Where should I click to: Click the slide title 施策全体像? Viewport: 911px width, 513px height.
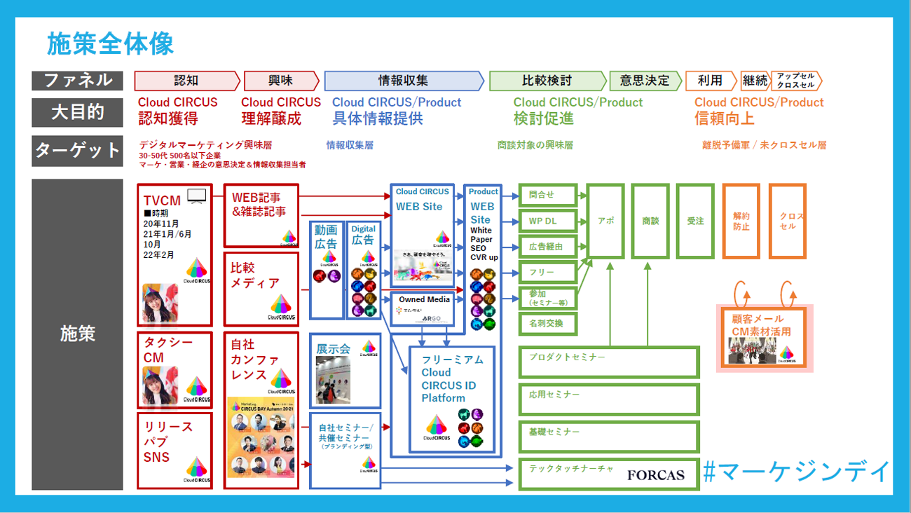110,44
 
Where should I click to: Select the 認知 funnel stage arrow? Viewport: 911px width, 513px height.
186,81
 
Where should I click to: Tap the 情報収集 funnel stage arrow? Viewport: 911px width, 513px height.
403,81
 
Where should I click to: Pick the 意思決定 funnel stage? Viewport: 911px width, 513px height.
644,81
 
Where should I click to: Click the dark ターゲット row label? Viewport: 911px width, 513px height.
77,150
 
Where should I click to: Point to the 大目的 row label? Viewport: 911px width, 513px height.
77,112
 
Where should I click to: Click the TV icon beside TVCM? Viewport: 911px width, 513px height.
196,196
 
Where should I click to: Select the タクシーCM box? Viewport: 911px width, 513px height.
175,368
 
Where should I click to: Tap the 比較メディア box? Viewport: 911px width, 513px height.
261,287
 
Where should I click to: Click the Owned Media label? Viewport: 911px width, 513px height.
424,300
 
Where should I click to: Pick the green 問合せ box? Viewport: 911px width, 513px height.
547,196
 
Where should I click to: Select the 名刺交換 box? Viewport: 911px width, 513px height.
547,324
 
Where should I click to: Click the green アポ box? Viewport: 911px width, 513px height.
605,221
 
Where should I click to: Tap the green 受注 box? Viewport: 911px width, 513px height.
694,221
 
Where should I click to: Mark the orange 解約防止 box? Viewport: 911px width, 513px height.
741,221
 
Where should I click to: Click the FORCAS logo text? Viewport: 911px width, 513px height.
655,475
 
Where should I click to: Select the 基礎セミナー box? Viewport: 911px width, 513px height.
608,436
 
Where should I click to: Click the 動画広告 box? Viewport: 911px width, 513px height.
326,268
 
